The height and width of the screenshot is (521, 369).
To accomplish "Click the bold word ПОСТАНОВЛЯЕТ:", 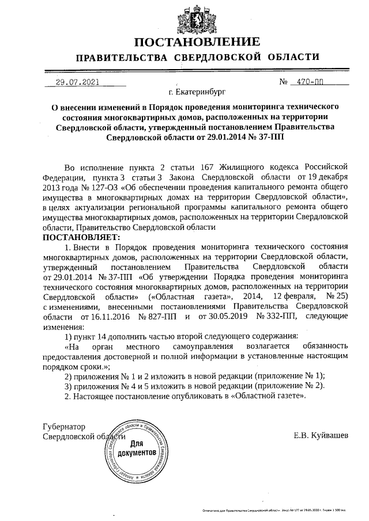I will pos(81,237).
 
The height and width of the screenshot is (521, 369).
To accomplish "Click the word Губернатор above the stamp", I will pos(64,427).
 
